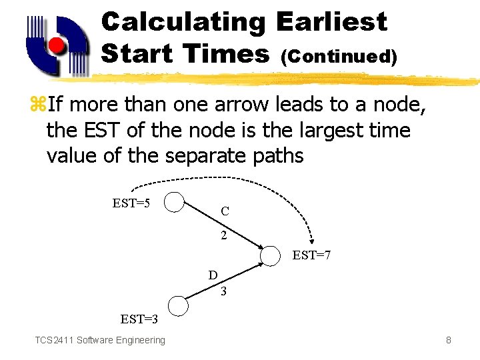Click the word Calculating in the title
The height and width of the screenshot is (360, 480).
(184, 22)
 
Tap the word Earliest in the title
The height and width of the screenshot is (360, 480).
(331, 22)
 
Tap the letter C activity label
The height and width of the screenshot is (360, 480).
(225, 211)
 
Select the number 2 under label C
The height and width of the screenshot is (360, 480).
(224, 235)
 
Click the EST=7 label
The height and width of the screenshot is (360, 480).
(313, 255)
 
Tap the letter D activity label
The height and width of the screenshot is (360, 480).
(213, 275)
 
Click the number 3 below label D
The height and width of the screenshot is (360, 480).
(223, 291)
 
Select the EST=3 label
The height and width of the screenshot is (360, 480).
(139, 319)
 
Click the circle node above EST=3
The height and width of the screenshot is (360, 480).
(178, 305)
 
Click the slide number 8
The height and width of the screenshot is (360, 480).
(449, 341)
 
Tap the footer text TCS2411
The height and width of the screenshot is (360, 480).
(55, 341)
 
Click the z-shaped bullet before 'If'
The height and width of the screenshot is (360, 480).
(37, 105)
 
